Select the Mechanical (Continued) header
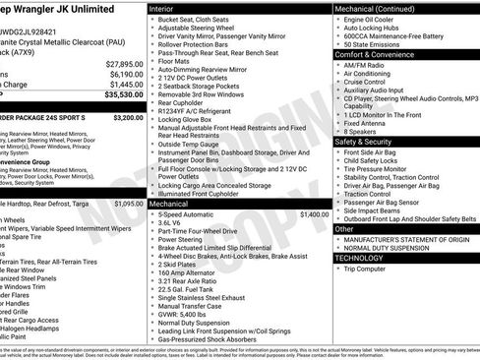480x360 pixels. [379, 8]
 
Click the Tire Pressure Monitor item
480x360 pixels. [381, 168]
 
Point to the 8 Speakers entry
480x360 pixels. [361, 130]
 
